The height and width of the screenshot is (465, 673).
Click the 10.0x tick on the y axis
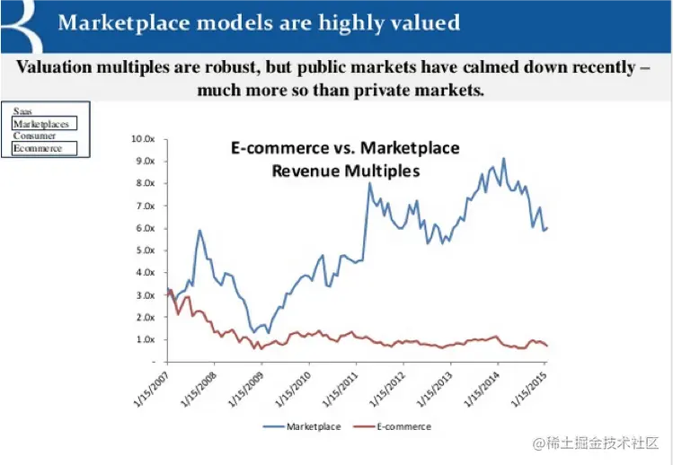tap(144, 139)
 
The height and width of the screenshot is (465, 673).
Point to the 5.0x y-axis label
tap(146, 250)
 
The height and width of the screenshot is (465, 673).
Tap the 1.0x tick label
tap(146, 339)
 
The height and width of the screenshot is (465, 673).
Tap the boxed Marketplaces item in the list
tap(40, 124)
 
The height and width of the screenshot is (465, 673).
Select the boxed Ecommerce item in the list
tap(38, 148)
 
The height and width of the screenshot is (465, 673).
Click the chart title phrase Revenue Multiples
tap(346, 169)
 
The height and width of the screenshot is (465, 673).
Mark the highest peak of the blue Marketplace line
tap(503, 159)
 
